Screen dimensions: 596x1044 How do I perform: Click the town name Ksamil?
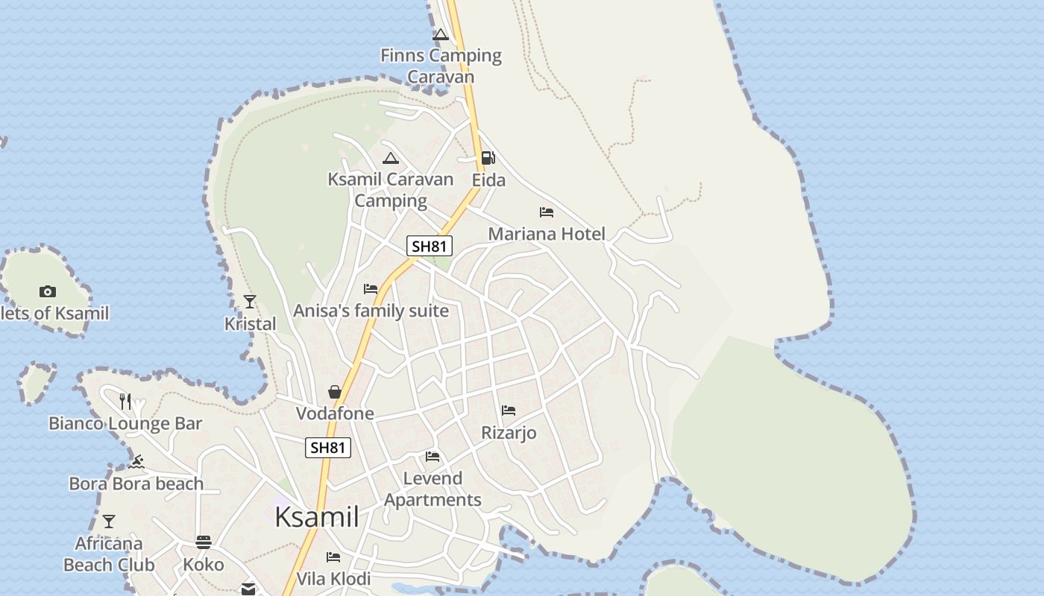pyautogui.click(x=317, y=516)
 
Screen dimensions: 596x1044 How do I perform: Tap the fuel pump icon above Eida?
pyautogui.click(x=488, y=158)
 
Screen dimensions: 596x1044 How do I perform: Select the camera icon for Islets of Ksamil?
pyautogui.click(x=48, y=291)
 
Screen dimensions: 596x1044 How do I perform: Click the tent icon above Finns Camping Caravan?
pyautogui.click(x=441, y=34)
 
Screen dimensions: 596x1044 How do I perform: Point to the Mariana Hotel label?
pyautogui.click(x=547, y=234)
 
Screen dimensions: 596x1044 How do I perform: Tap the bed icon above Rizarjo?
pyautogui.click(x=509, y=410)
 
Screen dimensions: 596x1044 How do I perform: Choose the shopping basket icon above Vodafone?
pyautogui.click(x=335, y=392)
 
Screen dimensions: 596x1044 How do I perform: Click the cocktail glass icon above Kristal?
pyautogui.click(x=250, y=302)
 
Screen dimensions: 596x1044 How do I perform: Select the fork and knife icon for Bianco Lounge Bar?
pyautogui.click(x=125, y=402)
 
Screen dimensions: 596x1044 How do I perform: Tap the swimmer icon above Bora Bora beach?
pyautogui.click(x=136, y=462)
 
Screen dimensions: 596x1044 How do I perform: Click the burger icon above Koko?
pyautogui.click(x=204, y=542)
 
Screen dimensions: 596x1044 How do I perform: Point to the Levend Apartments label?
pyautogui.click(x=433, y=489)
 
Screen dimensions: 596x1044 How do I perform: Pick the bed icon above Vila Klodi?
pyautogui.click(x=333, y=557)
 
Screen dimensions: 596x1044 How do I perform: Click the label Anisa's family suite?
pyautogui.click(x=371, y=311)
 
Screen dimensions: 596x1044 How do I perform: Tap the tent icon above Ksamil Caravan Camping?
pyautogui.click(x=391, y=158)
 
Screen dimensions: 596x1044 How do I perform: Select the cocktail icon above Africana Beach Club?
pyautogui.click(x=109, y=521)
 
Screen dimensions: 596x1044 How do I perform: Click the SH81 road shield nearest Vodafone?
pyautogui.click(x=328, y=448)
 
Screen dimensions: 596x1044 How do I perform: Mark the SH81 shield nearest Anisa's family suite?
pyautogui.click(x=430, y=246)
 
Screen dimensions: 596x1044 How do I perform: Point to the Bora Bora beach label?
pyautogui.click(x=136, y=484)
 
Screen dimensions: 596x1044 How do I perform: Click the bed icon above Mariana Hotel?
pyautogui.click(x=547, y=212)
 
